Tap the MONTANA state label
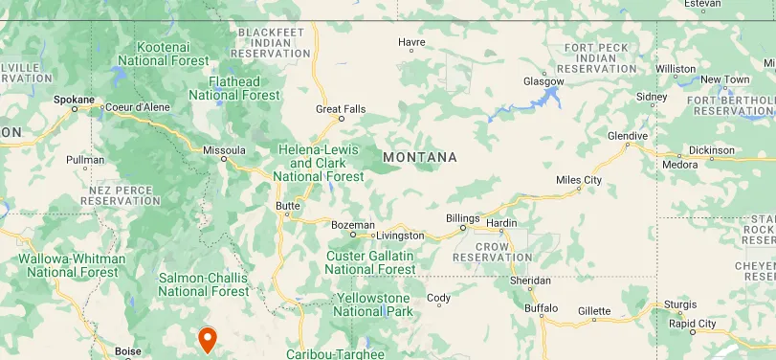[x=419, y=157]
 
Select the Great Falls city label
[x=341, y=109]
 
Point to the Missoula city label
[x=224, y=150]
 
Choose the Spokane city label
[x=75, y=100]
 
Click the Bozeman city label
[x=352, y=225]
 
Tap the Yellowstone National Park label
[x=374, y=305]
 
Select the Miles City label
[x=579, y=180]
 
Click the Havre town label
[x=411, y=43]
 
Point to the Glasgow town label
[x=543, y=81]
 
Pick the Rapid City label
[x=693, y=324]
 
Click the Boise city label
[x=127, y=351]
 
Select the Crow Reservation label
[x=494, y=252]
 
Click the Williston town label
[x=676, y=69]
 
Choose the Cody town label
[x=438, y=298]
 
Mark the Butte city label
[x=287, y=206]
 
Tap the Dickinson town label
[x=711, y=150]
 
